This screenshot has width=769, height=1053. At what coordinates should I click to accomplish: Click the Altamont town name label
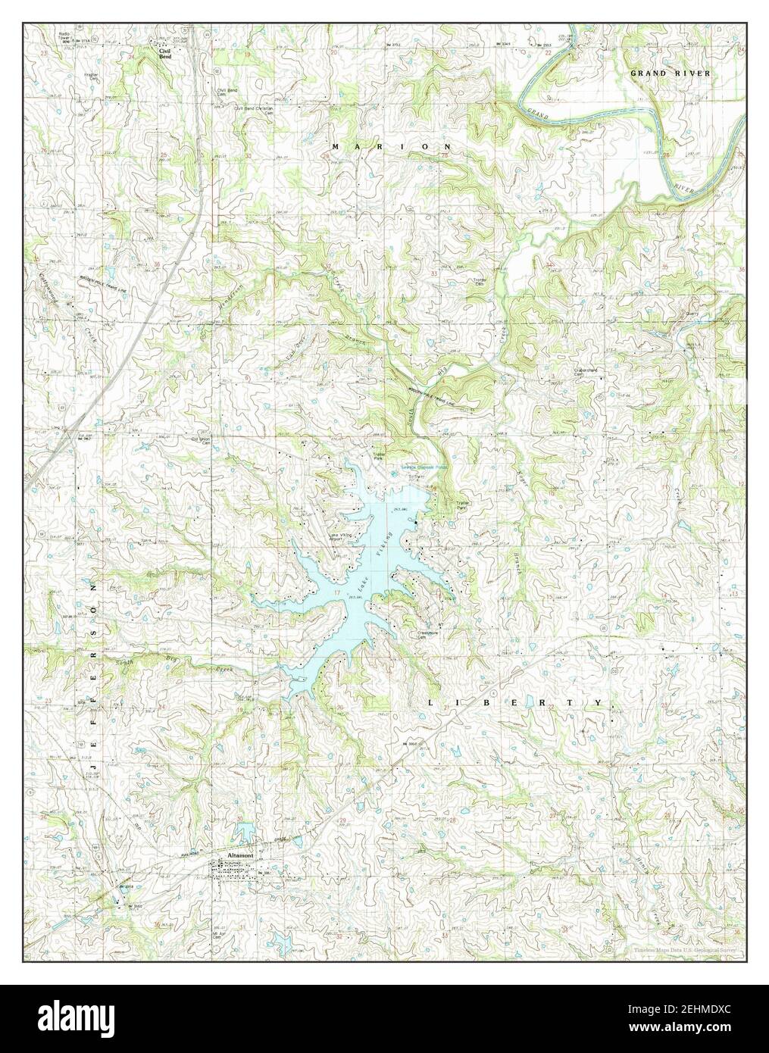[x=237, y=856]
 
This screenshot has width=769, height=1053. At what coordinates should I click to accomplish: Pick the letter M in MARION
[x=336, y=145]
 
